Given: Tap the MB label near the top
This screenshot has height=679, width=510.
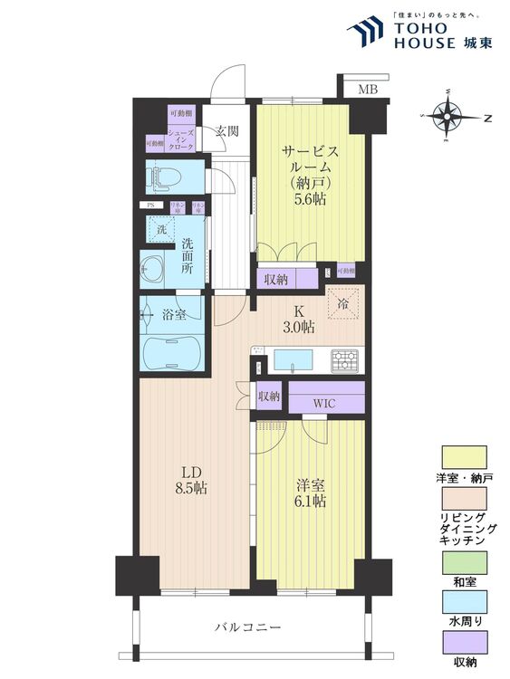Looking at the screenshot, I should tap(368, 89).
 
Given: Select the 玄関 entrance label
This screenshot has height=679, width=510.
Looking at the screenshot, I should tap(226, 130).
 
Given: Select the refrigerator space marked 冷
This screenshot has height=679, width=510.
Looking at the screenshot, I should tap(343, 305).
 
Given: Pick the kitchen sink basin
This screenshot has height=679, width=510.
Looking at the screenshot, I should tap(292, 359).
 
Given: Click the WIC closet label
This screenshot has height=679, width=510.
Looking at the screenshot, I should tap(326, 402).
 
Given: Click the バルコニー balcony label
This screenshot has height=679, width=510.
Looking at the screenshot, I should tap(247, 626).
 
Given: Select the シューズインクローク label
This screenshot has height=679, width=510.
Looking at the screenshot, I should tap(178, 139).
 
